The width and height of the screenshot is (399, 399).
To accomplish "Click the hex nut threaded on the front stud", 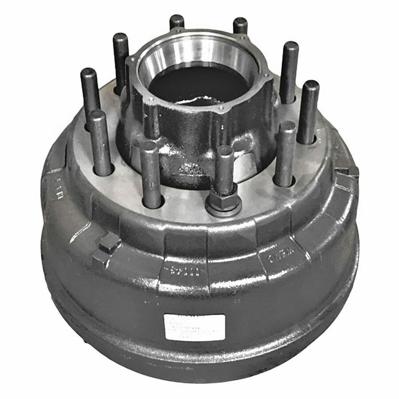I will (224, 203).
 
